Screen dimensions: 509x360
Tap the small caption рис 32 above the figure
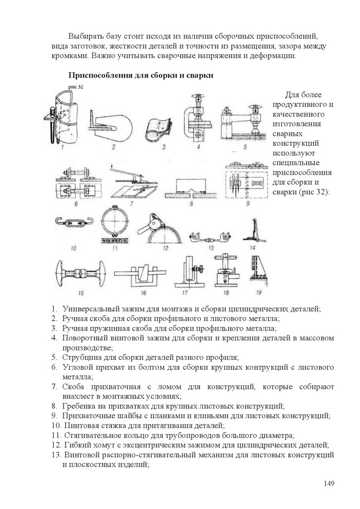click(76, 86)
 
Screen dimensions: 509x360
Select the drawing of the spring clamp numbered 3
click(158, 129)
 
